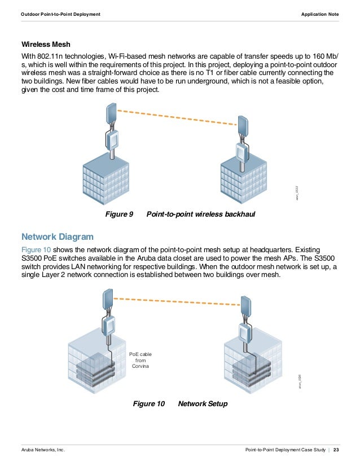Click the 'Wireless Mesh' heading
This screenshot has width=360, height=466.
tap(46, 44)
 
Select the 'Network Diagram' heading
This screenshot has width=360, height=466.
tap(57, 236)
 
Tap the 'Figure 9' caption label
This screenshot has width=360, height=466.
tap(119, 215)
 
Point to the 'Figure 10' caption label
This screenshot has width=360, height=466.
tap(148, 404)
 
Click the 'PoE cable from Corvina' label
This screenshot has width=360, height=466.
tap(141, 361)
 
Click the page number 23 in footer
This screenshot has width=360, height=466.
tap(336, 450)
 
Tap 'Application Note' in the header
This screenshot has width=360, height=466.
tap(320, 14)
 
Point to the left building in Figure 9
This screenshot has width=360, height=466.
tap(106, 175)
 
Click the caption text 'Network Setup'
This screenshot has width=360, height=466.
tap(203, 404)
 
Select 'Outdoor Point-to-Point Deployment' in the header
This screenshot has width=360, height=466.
tap(60, 14)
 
